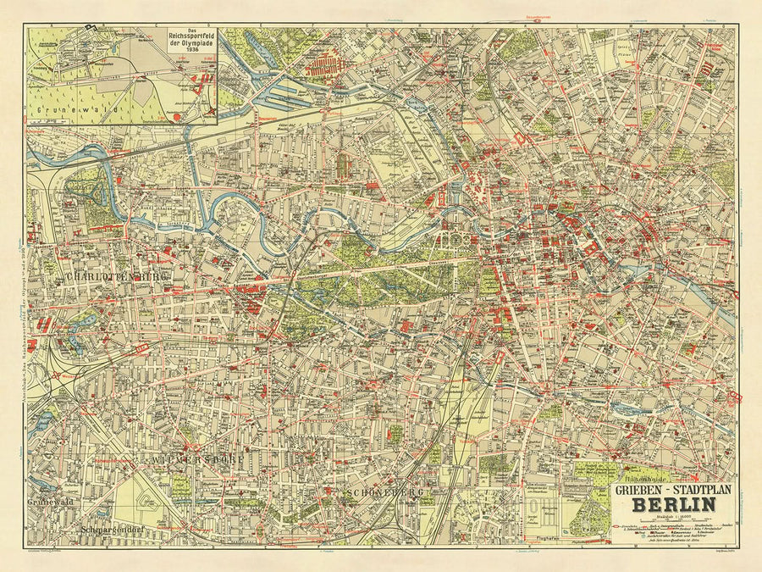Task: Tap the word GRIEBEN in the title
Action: coord(638,488)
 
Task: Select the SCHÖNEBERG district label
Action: coord(384,492)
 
